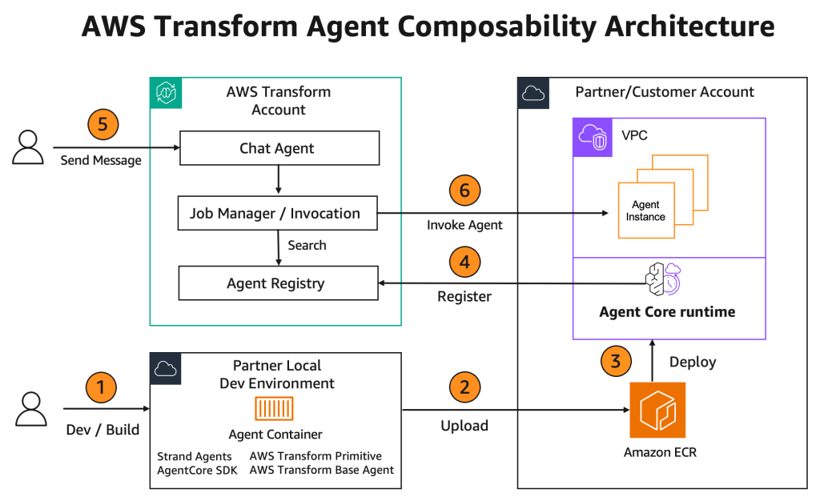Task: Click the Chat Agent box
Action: [278, 148]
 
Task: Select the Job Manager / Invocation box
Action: [278, 214]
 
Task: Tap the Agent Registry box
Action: [278, 283]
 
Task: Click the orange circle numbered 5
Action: [102, 125]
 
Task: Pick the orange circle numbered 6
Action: [464, 190]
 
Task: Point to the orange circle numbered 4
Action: [464, 261]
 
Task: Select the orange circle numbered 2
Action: [464, 389]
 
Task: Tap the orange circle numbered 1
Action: [101, 389]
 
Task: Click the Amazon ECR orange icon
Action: [657, 410]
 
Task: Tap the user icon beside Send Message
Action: [29, 148]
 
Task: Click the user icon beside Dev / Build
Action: [29, 408]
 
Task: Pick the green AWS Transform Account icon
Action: [165, 93]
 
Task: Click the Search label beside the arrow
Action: [307, 246]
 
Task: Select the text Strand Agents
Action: [195, 456]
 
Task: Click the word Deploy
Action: [692, 361]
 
